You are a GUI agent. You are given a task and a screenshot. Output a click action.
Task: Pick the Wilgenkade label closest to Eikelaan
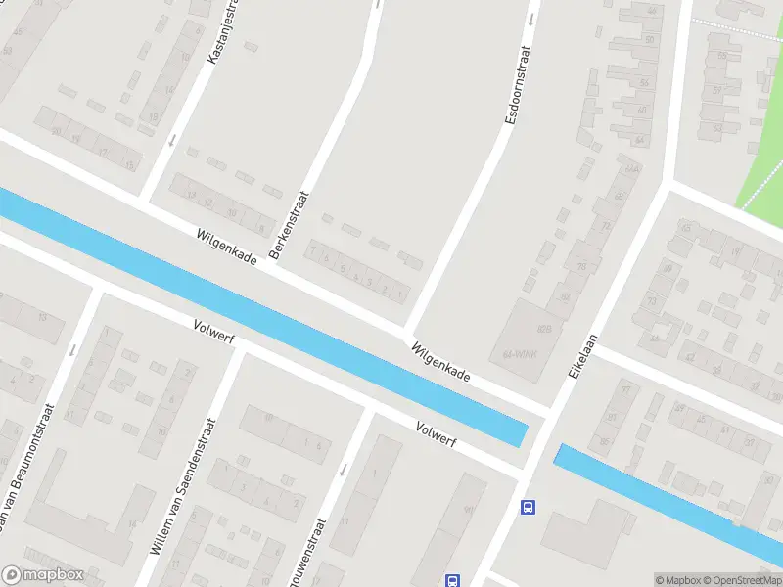[x=440, y=362]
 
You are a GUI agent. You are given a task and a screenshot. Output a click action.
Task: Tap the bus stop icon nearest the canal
[x=528, y=506]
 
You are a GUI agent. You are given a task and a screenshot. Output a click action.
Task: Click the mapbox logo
[x=42, y=575]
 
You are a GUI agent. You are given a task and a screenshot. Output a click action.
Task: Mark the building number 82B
[x=544, y=330]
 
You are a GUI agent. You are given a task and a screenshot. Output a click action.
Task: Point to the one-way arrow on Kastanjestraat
[x=173, y=140]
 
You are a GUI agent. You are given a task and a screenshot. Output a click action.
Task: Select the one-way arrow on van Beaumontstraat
[x=72, y=349]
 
